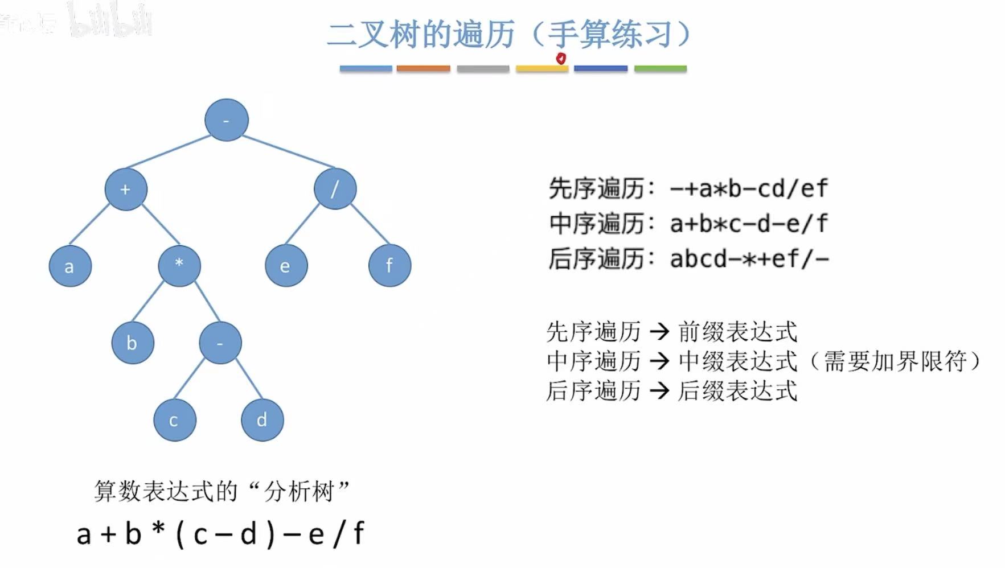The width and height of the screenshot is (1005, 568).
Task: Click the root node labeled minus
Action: point(227,120)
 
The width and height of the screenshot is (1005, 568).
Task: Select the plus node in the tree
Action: point(126,189)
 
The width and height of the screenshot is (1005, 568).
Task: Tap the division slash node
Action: point(335,188)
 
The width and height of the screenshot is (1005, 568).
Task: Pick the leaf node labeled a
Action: point(70,266)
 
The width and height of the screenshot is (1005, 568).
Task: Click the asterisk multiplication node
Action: point(179,265)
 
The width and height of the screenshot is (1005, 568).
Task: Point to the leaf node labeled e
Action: point(286,266)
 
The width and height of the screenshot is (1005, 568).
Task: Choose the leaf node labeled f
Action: point(389,265)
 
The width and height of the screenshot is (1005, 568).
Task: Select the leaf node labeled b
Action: point(133,343)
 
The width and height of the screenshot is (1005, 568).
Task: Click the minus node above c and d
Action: point(220,343)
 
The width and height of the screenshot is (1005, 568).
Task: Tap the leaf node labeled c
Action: point(175,420)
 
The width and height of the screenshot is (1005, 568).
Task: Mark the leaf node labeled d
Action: point(262,420)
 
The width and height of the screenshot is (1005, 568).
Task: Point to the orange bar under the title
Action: point(423,69)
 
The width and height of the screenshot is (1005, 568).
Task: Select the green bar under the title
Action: point(660,69)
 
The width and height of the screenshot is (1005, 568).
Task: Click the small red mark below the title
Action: point(561,58)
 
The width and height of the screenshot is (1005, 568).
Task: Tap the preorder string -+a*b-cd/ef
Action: point(749,188)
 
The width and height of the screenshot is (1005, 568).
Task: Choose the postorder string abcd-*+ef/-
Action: point(749,259)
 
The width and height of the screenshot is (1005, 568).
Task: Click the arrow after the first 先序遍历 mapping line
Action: point(659,331)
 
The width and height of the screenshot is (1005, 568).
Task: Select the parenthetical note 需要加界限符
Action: point(895,361)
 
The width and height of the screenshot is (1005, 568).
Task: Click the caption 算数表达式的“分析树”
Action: point(221,491)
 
